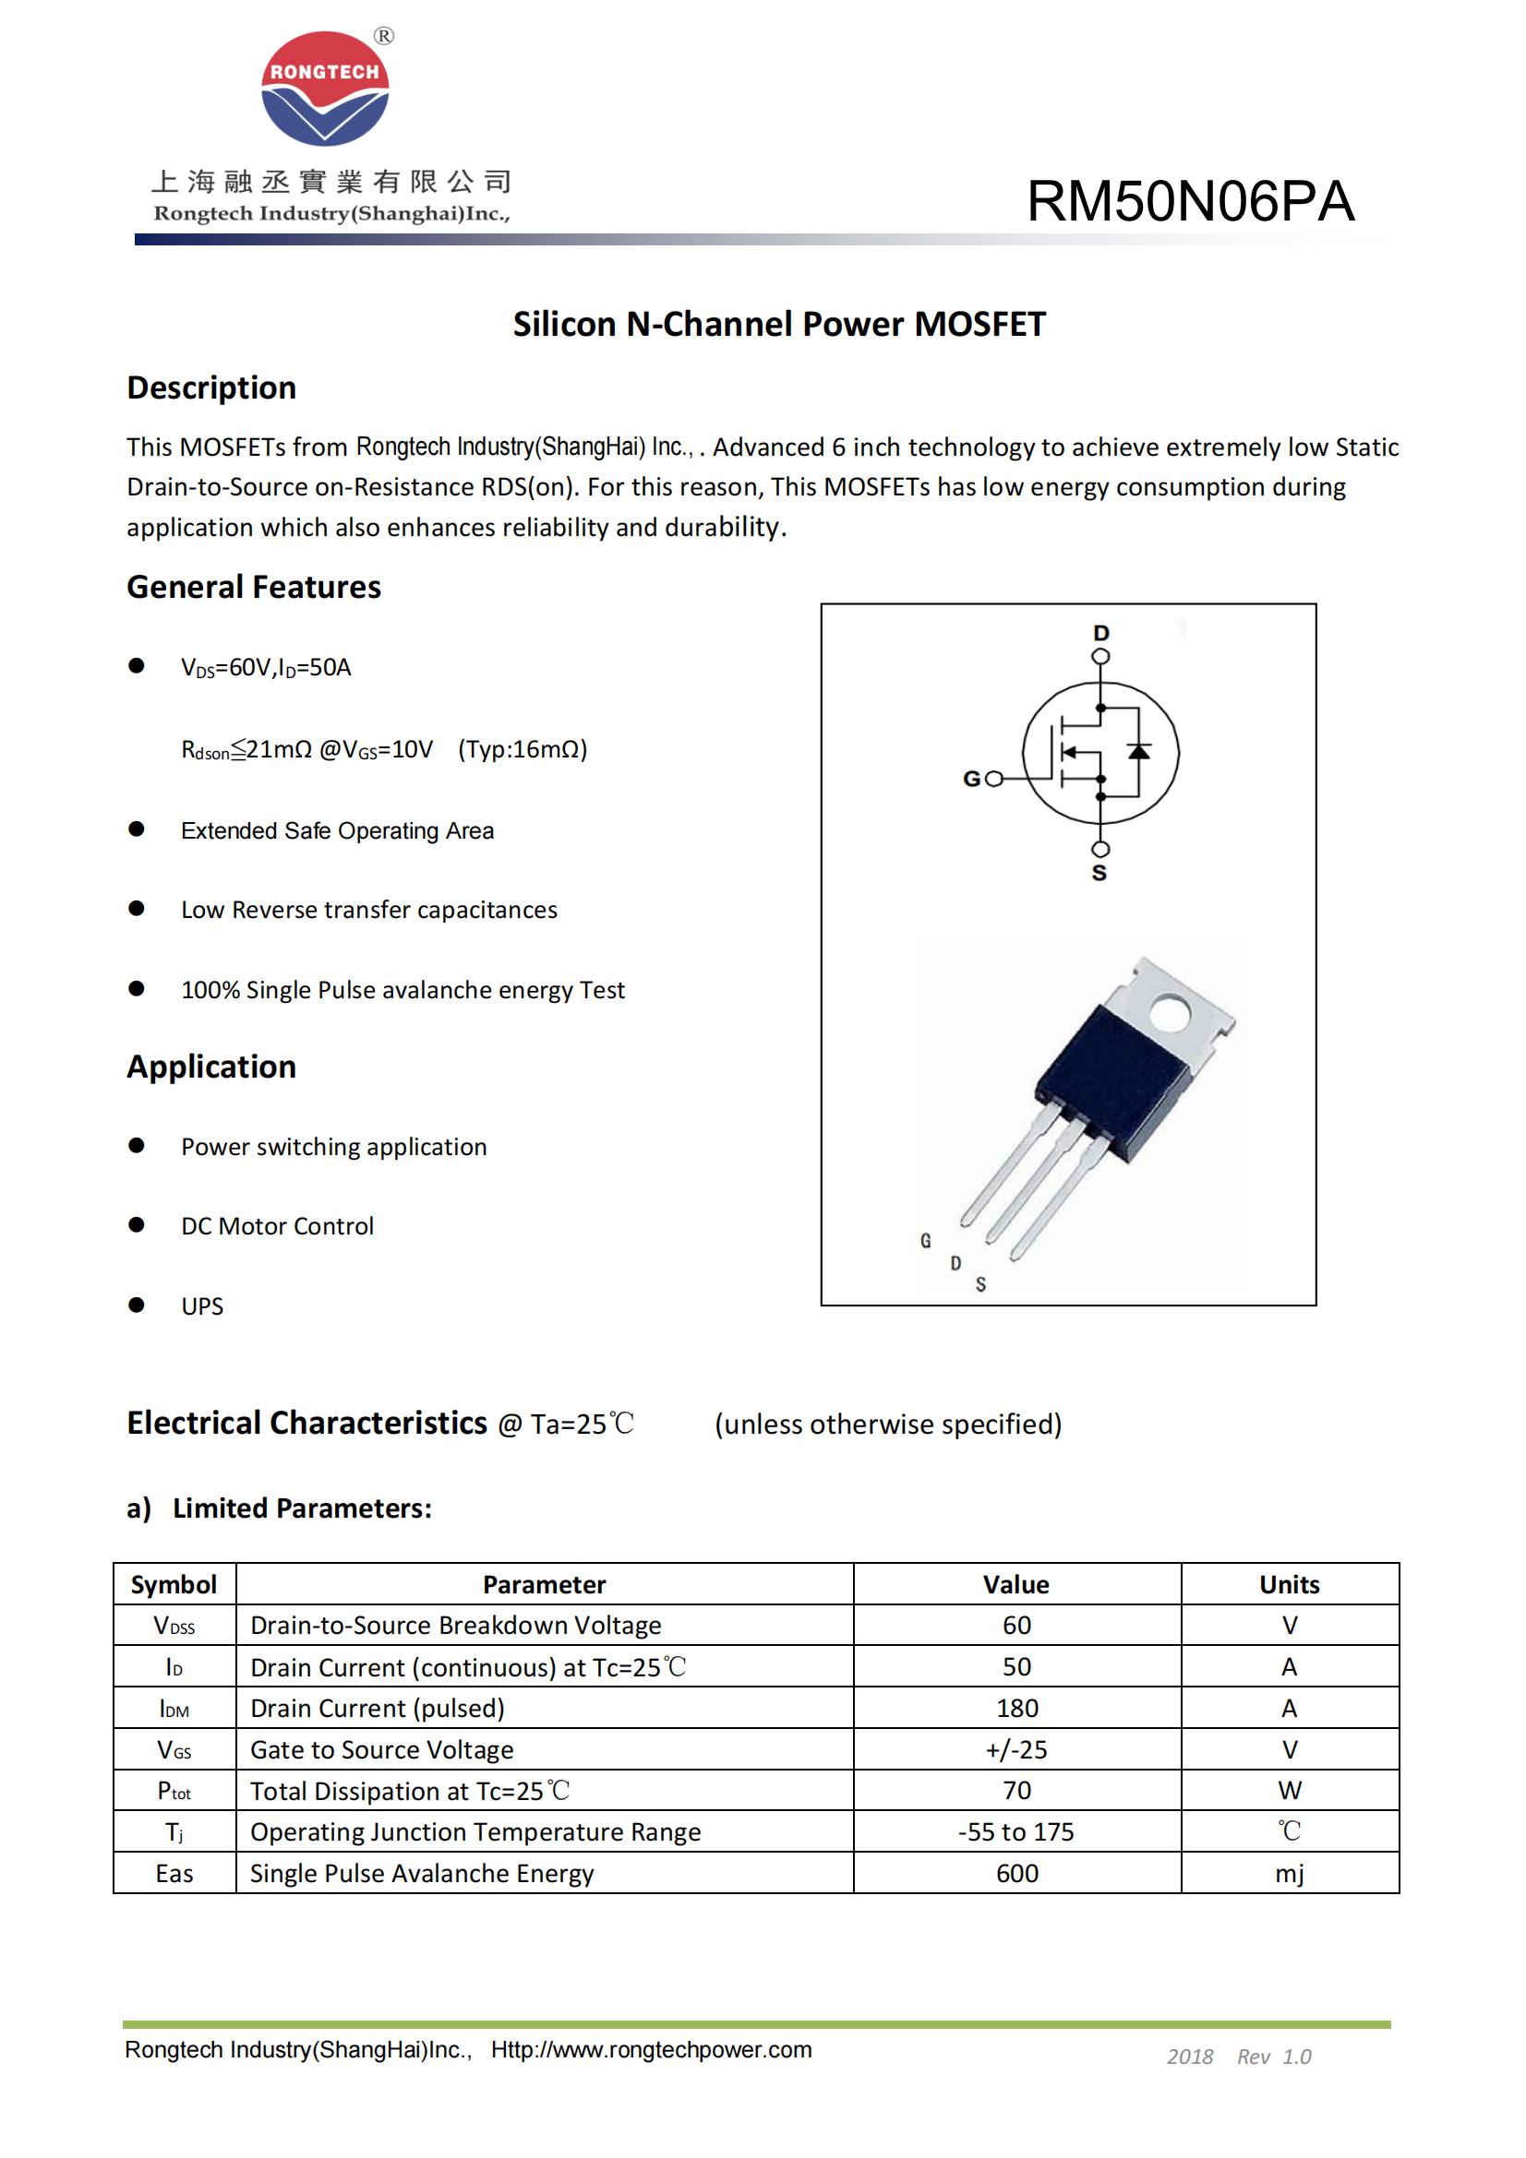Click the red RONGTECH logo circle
(x=324, y=89)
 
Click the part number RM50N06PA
(x=1189, y=201)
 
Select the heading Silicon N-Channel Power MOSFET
(x=778, y=324)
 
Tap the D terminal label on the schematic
(x=1101, y=633)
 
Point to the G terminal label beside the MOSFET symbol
(x=972, y=779)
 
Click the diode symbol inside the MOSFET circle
(x=1138, y=750)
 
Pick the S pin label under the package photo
(x=980, y=1284)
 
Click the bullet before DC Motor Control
(x=137, y=1224)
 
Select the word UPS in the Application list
(x=202, y=1306)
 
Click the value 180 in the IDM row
(x=1016, y=1708)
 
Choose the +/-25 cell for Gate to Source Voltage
(x=1016, y=1749)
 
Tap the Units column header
(x=1289, y=1585)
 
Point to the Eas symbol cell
(x=174, y=1873)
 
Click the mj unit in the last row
(x=1289, y=1873)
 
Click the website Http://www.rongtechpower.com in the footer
(x=651, y=2050)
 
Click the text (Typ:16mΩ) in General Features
(x=523, y=749)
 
